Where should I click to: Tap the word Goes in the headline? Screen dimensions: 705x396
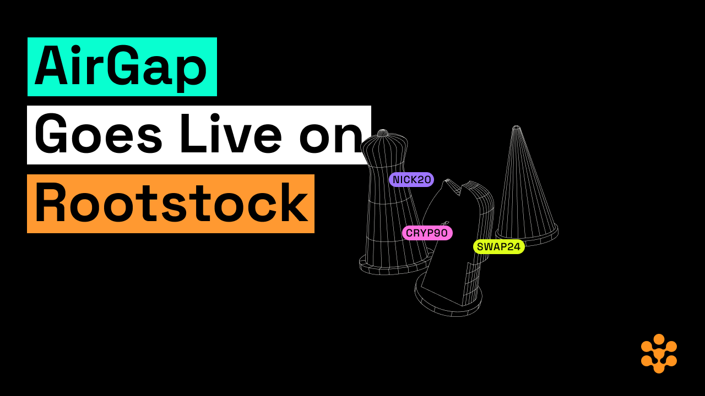pos(99,134)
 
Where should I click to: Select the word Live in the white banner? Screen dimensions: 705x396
pos(230,133)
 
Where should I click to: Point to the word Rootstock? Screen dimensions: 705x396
pos(171,203)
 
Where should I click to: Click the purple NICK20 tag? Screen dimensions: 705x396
pos(411,179)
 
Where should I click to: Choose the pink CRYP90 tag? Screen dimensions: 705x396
pos(427,233)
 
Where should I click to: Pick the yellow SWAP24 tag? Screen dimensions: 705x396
pos(498,247)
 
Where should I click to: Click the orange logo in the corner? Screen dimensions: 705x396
pos(659,354)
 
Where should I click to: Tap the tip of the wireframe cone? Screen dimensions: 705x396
pos(516,127)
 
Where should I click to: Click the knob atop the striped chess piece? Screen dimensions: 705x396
pos(383,133)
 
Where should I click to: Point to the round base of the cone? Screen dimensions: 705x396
pos(527,237)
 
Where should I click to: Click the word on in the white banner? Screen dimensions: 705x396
pos(331,138)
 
